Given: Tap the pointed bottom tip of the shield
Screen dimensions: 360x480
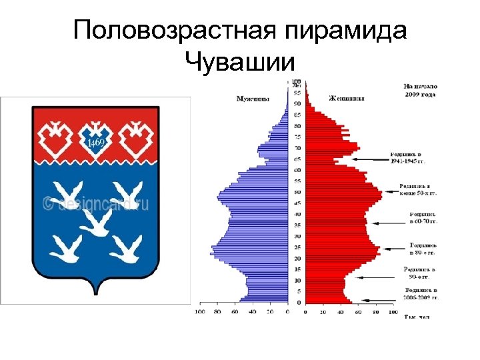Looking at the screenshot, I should tap(96, 293).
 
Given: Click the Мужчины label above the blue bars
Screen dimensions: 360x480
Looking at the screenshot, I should tap(253, 99).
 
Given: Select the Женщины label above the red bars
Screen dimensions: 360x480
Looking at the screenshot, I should tap(347, 99).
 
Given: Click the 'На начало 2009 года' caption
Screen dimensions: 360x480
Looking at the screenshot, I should tap(419, 90).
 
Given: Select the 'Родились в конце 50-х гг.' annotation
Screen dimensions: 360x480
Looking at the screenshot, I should tap(418, 189).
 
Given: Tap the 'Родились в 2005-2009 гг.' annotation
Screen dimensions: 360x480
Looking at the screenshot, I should tap(421, 294).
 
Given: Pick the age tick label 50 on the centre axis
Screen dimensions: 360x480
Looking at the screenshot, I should tap(297, 192).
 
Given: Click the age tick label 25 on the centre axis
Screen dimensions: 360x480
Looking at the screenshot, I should tap(297, 247).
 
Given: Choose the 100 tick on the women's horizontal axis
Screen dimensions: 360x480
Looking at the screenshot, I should tap(392, 311).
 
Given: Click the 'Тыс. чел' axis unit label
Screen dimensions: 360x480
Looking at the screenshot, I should tap(417, 317).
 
